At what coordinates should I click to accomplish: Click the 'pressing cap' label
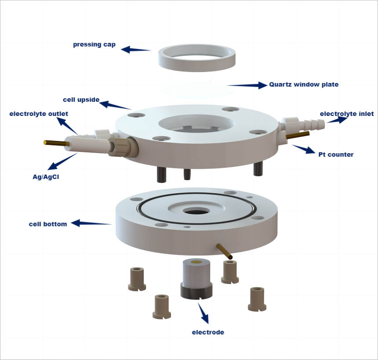click(x=94, y=44)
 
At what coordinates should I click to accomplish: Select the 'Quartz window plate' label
click(x=304, y=85)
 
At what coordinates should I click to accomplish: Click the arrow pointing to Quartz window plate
click(x=247, y=85)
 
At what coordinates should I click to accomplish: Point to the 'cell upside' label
click(x=81, y=100)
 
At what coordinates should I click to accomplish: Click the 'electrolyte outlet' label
click(x=39, y=114)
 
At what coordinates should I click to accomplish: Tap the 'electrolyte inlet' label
click(x=347, y=114)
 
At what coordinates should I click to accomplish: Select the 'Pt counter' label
click(x=336, y=155)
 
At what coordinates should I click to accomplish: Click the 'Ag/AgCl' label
click(x=46, y=177)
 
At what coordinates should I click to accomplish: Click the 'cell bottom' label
click(x=48, y=224)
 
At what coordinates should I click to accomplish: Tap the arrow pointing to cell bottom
click(x=91, y=223)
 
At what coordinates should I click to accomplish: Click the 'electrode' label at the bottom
click(x=208, y=332)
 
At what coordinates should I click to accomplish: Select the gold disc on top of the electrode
click(x=196, y=262)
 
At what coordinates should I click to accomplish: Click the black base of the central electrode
click(x=196, y=291)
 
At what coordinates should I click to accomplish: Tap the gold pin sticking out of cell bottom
click(x=225, y=251)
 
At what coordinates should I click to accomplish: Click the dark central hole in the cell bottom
click(x=196, y=212)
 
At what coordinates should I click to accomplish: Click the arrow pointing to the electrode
click(x=203, y=313)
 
